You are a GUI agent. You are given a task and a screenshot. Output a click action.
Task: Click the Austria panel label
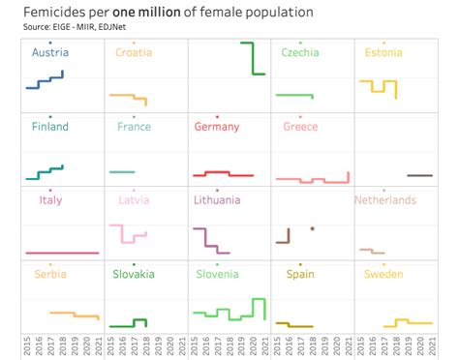click(x=50, y=53)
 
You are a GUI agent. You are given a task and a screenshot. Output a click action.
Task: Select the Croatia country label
click(x=134, y=53)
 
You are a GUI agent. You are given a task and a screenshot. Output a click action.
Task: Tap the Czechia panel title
click(x=300, y=53)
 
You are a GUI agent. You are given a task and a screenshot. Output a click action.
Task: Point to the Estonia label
click(x=383, y=53)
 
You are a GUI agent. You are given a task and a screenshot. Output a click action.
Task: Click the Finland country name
click(x=50, y=127)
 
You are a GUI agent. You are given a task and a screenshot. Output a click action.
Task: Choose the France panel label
click(x=134, y=127)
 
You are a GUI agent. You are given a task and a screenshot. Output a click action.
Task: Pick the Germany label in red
click(x=217, y=127)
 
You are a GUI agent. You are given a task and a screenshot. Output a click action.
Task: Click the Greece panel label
click(x=300, y=127)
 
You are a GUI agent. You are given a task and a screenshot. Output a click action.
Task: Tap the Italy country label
click(x=50, y=200)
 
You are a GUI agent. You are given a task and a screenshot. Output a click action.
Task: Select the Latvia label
click(x=134, y=200)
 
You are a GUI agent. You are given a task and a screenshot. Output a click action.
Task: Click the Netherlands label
click(x=384, y=200)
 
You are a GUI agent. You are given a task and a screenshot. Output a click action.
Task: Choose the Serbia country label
click(x=50, y=274)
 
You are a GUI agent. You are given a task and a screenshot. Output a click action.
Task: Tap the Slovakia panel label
click(x=134, y=274)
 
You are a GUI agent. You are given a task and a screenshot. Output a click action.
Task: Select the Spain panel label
click(x=300, y=274)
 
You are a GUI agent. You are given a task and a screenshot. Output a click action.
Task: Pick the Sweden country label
click(x=383, y=274)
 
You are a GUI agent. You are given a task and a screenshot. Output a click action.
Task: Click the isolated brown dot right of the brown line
click(x=313, y=228)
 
